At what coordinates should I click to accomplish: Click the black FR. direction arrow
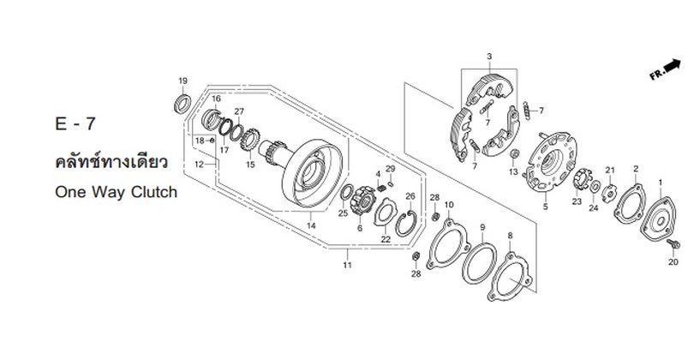point(673,65)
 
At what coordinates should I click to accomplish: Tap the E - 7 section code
point(75,124)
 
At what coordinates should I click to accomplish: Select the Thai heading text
point(111,162)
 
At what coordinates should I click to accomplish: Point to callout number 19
point(182,81)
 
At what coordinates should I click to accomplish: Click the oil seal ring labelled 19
point(182,103)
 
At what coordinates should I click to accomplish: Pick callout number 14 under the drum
point(311,225)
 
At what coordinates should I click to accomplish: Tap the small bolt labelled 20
point(674,243)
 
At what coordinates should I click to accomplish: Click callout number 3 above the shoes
point(489,57)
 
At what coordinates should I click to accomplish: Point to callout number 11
point(348,265)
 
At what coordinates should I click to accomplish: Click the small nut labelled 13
point(514,154)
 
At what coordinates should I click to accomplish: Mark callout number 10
point(449,205)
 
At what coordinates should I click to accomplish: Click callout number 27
point(239,111)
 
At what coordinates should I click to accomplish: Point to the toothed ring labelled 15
point(249,139)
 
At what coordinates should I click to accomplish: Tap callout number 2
point(636,169)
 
